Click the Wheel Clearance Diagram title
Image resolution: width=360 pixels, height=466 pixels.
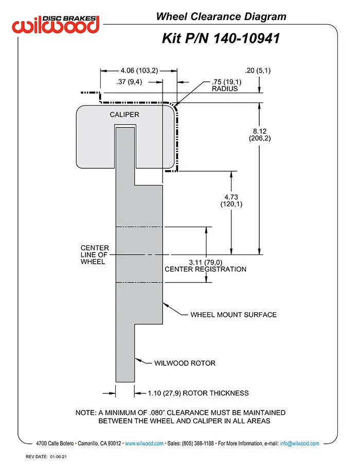[221, 17]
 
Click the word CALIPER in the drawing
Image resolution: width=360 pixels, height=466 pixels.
[124, 115]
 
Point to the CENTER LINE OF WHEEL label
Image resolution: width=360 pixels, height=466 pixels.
[94, 255]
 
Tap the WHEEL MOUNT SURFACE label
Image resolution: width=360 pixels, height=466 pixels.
[233, 314]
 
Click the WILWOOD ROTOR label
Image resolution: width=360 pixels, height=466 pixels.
[185, 363]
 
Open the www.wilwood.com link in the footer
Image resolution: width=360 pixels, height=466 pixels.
[144, 443]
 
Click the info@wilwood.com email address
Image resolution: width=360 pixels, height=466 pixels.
[299, 443]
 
